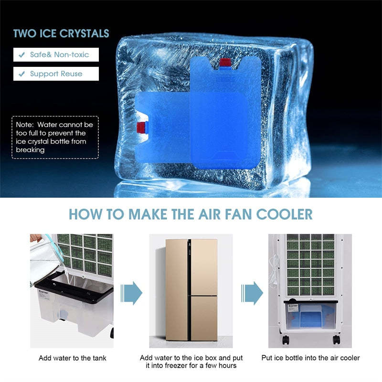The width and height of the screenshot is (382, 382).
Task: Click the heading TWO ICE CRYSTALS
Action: (x=61, y=33)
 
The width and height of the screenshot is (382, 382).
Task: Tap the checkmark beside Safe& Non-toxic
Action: (x=22, y=54)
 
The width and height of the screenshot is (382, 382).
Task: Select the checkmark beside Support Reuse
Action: (x=22, y=74)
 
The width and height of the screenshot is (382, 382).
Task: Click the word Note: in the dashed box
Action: (x=25, y=125)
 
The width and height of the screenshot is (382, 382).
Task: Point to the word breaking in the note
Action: (x=30, y=150)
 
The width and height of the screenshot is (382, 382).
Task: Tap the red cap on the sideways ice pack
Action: (x=140, y=127)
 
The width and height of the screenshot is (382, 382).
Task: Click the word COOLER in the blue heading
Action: (x=284, y=214)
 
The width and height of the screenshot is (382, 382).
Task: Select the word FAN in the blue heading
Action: (x=238, y=214)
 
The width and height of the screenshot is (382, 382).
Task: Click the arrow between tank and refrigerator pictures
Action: (x=131, y=293)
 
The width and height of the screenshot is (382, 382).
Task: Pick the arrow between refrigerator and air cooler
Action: (x=252, y=293)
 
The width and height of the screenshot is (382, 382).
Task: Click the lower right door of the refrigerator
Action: (x=204, y=318)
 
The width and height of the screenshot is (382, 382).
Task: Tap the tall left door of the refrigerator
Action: (x=177, y=290)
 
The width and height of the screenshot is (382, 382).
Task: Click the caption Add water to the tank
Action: (x=73, y=358)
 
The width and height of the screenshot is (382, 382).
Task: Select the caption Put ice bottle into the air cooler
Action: (x=310, y=358)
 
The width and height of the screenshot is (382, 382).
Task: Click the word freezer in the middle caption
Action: (x=177, y=366)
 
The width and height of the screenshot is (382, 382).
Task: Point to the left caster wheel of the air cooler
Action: (x=286, y=340)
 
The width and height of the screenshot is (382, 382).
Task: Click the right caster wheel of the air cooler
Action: (x=337, y=340)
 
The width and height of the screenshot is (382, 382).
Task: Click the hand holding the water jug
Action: (x=35, y=237)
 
